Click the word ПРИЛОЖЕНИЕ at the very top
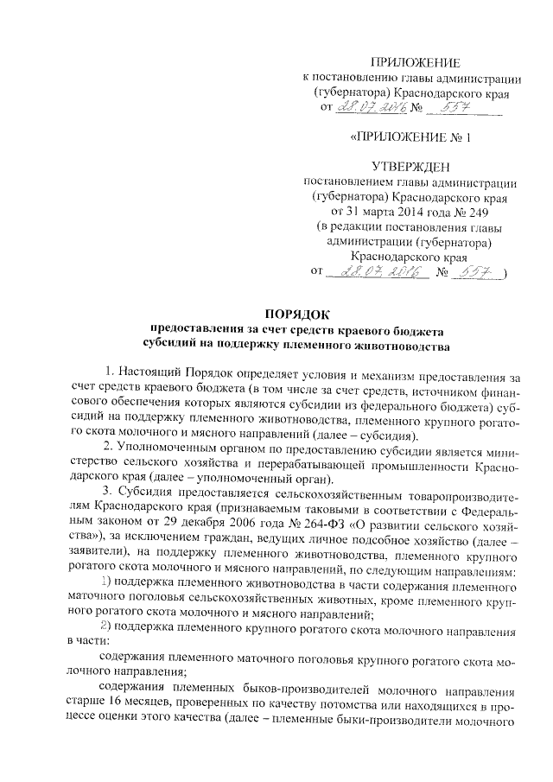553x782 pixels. [x=416, y=60]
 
